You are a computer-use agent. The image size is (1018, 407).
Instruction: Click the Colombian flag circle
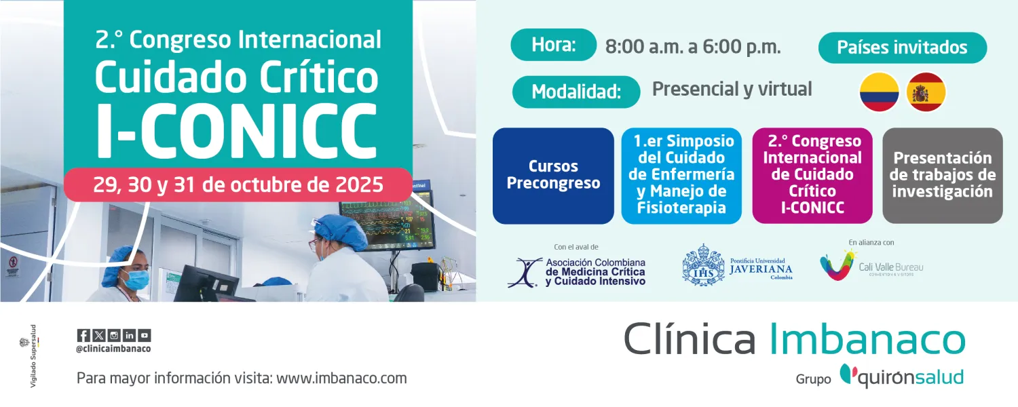880,92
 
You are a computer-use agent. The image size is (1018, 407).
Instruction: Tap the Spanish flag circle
926,92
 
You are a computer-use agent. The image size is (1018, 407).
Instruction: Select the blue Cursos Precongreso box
553,176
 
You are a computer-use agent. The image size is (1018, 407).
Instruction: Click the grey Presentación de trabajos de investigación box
942,176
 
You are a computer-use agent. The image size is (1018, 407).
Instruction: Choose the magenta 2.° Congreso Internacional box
812,176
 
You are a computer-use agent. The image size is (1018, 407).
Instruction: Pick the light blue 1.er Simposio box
681,176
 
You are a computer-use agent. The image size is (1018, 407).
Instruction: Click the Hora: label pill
553,45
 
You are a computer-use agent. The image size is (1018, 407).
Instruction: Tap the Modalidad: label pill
576,92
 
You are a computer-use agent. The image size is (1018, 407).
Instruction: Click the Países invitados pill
902,48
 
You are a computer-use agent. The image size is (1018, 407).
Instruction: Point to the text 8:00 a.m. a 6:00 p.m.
693,47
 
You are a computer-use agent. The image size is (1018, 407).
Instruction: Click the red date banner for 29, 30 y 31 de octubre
238,185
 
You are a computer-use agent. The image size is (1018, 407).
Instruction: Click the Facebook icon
83,335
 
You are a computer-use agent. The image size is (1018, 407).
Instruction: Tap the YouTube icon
145,335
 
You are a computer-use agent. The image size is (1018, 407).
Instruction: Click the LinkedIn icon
129,335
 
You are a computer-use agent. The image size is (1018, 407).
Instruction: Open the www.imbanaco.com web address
341,379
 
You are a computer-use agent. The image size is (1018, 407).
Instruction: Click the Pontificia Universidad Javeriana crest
702,265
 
